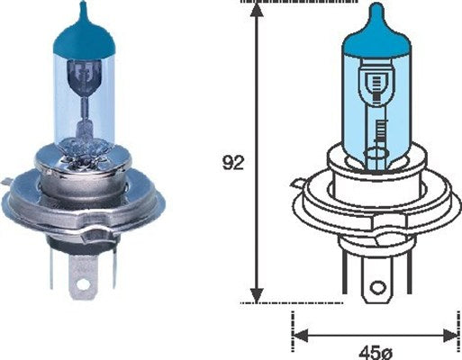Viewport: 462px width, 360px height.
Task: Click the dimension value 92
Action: point(232,164)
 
